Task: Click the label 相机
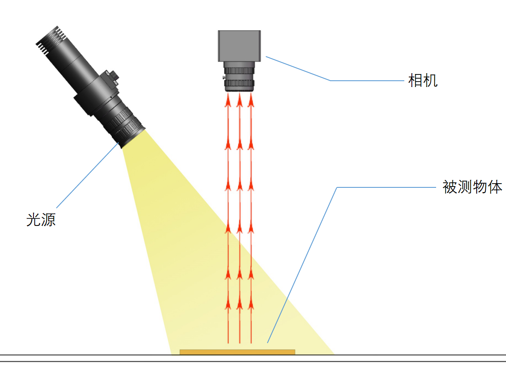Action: click(x=423, y=80)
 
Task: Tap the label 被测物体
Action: click(x=472, y=187)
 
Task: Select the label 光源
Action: click(x=41, y=220)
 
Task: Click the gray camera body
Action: click(x=239, y=46)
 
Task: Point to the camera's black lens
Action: click(x=239, y=77)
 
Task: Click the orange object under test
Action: click(x=237, y=352)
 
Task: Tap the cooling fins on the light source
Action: click(x=51, y=40)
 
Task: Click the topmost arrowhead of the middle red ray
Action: click(x=239, y=100)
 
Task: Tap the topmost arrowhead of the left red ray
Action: click(x=228, y=100)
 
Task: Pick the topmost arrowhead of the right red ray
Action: click(x=251, y=100)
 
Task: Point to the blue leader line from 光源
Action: click(x=87, y=175)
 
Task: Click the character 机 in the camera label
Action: click(x=430, y=80)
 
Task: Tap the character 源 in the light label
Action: click(x=49, y=220)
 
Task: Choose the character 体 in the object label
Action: click(x=495, y=187)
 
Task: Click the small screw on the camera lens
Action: click(x=224, y=78)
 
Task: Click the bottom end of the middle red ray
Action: click(x=240, y=343)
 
